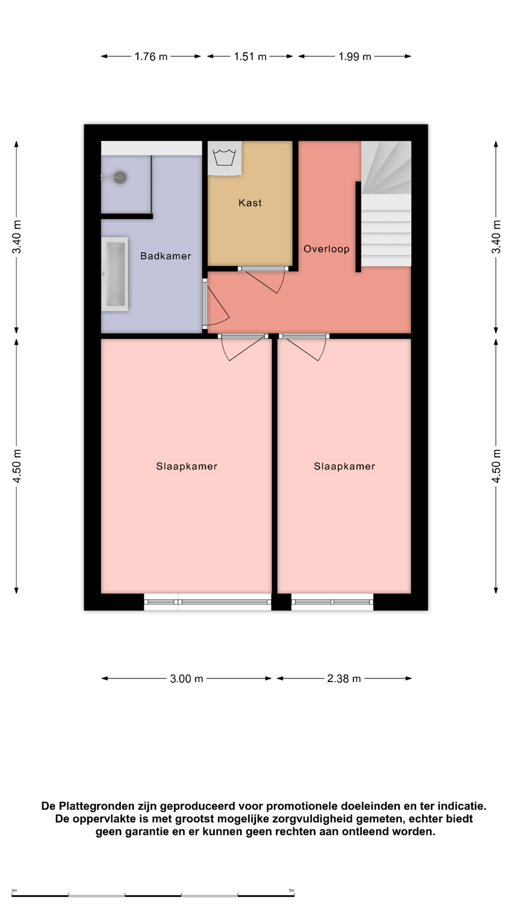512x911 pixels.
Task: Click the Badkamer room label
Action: point(165,256)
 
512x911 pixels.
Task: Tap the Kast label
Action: point(250,203)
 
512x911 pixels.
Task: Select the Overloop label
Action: point(326,249)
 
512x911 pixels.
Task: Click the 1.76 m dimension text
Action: point(151,56)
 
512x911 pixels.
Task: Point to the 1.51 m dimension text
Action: point(250,56)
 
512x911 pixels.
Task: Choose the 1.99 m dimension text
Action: point(355,56)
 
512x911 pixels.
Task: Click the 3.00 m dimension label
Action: point(187,679)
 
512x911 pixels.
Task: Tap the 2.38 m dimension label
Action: point(344,679)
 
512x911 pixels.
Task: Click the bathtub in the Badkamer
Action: point(115,274)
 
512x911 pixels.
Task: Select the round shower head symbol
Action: point(120,177)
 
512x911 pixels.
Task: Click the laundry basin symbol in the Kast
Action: point(224,158)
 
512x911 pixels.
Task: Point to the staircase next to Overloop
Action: point(386,204)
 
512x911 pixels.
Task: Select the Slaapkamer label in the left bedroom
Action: point(187,466)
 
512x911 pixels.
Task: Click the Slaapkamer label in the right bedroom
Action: point(345,466)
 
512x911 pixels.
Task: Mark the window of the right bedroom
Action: point(332,602)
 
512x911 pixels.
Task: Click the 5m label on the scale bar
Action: point(292,891)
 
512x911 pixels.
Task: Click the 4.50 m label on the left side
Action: point(17,466)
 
